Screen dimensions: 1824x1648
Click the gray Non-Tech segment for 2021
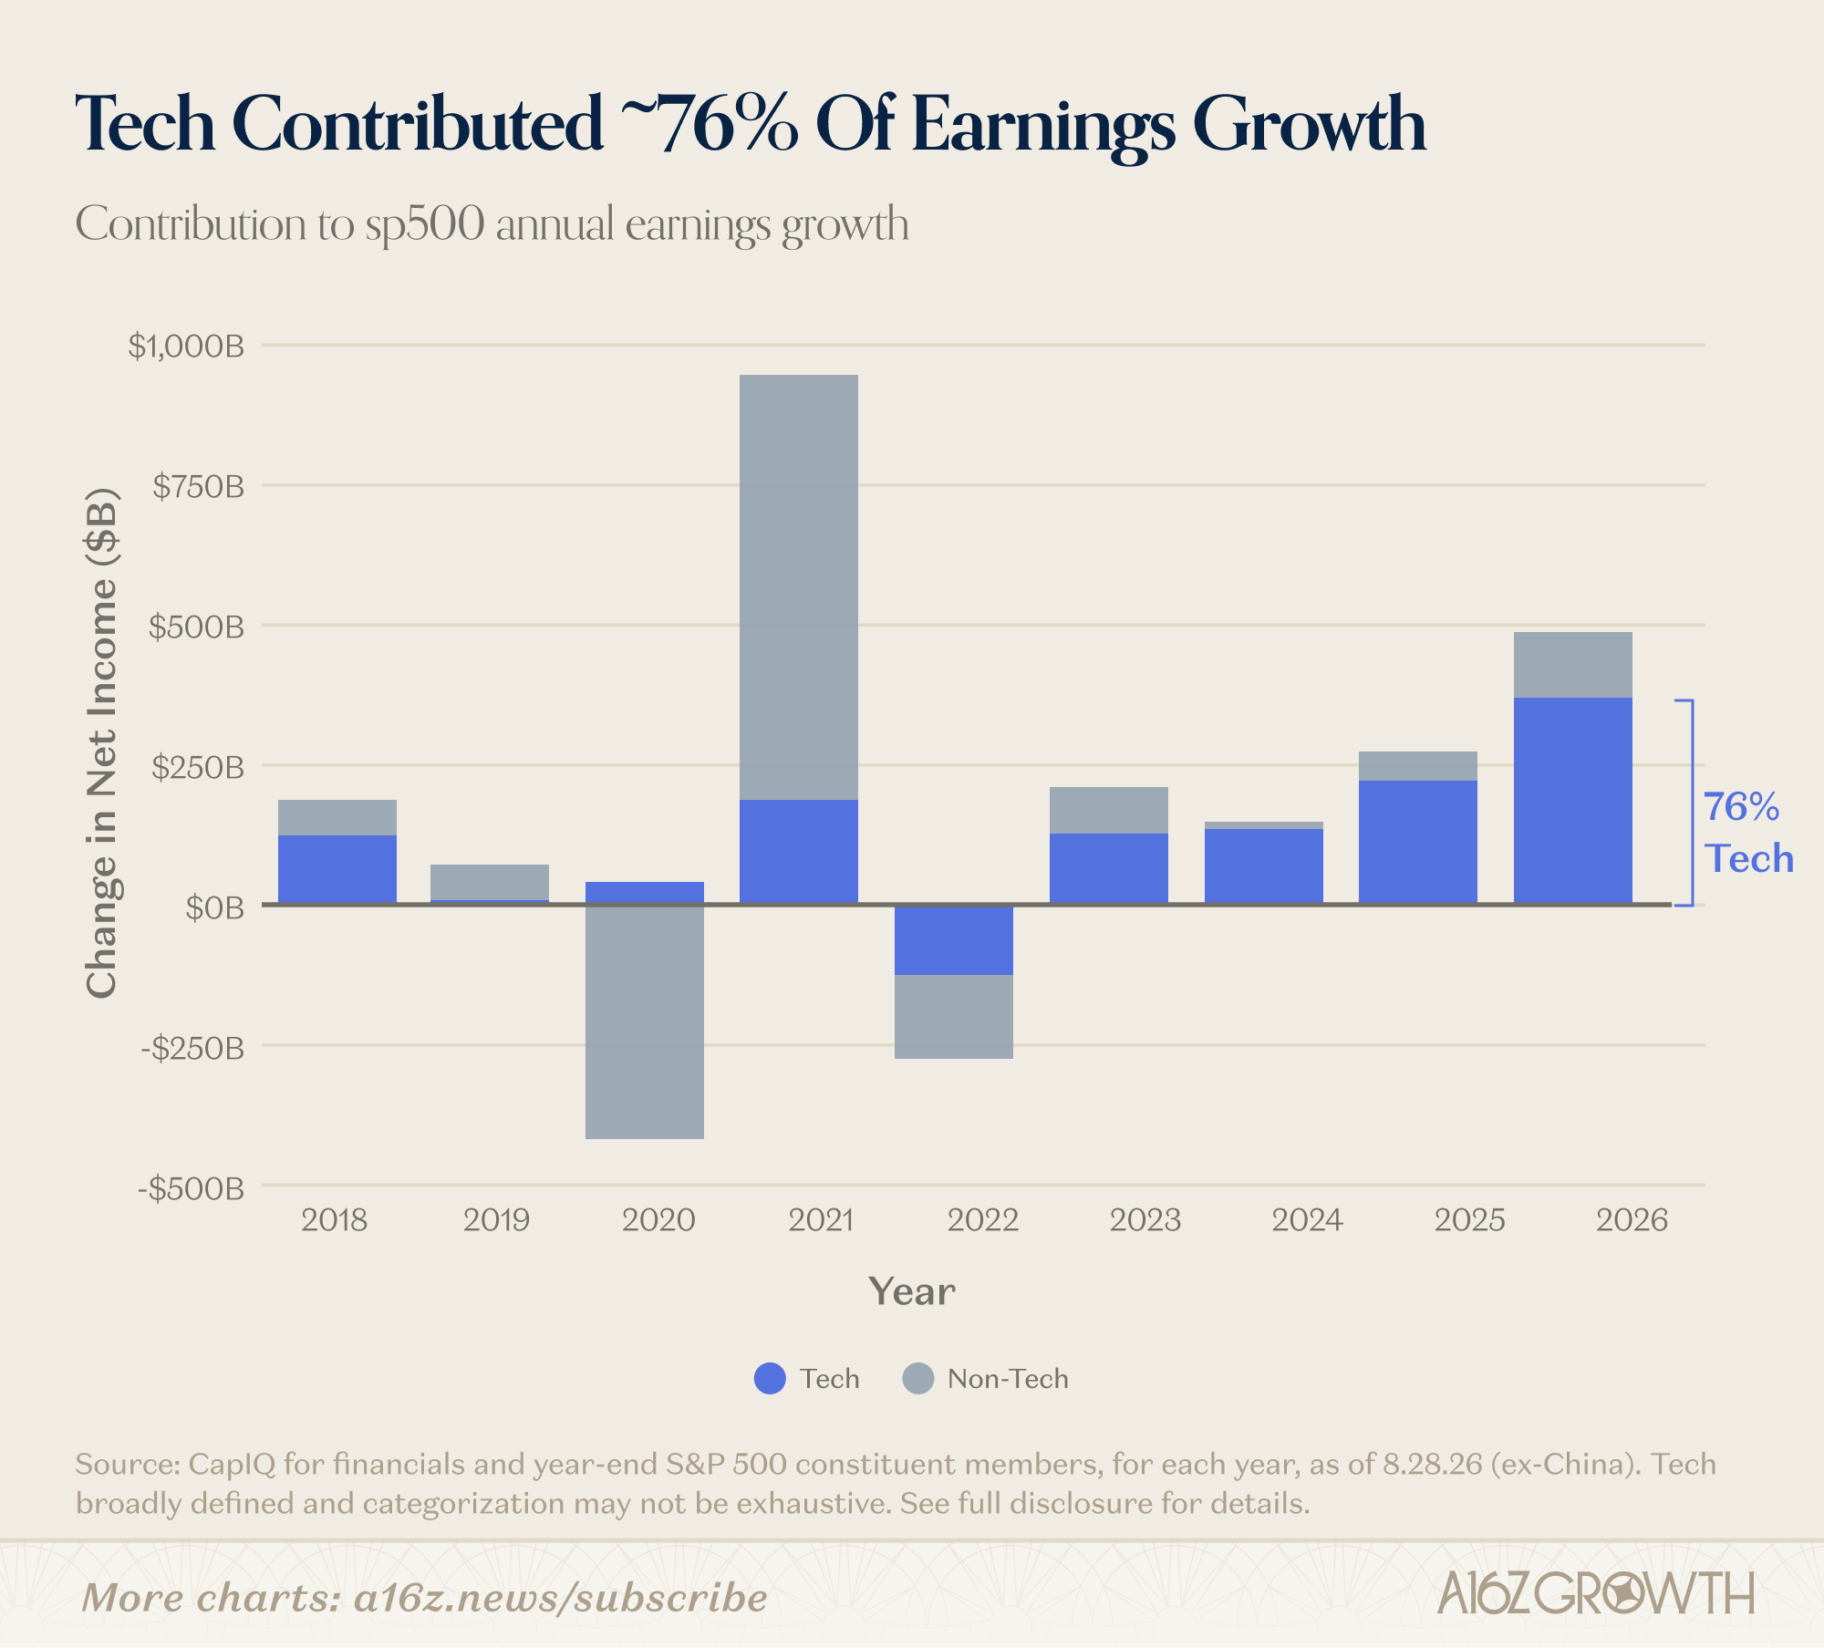point(798,587)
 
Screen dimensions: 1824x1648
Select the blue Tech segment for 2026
point(1572,801)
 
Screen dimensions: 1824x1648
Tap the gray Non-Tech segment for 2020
point(644,1022)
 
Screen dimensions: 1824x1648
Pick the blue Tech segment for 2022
point(953,940)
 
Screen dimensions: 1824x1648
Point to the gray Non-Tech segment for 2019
point(489,882)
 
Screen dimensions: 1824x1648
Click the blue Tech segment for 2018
point(337,869)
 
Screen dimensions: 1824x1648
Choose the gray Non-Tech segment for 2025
point(1417,766)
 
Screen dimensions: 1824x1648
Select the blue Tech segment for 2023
point(1108,868)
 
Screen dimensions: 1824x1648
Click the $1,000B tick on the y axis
point(186,346)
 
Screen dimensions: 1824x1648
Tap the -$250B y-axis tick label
point(192,1048)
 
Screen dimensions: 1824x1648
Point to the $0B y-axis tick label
point(215,907)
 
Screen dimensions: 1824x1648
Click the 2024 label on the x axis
point(1307,1219)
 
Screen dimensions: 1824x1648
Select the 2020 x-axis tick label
point(658,1219)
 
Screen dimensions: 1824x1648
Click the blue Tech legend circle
point(770,1378)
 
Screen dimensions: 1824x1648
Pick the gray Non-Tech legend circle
point(917,1378)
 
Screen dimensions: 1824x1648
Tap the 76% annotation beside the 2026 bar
point(1742,807)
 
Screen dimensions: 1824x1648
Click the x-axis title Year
point(912,1291)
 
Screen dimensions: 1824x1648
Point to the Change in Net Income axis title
point(102,743)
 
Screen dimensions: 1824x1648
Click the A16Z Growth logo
point(1595,1593)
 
